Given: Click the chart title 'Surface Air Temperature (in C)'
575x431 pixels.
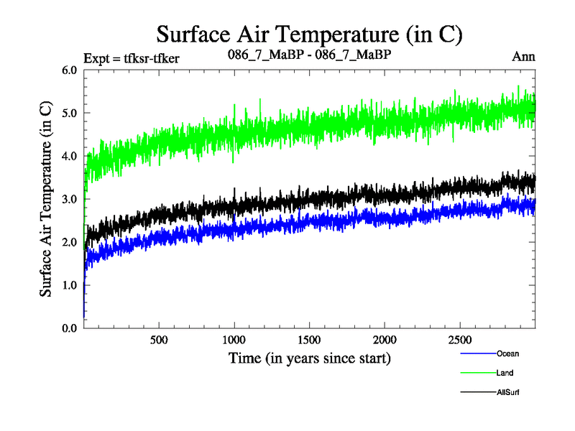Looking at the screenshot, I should tap(309, 34).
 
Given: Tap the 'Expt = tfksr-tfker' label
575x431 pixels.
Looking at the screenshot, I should tap(131, 58).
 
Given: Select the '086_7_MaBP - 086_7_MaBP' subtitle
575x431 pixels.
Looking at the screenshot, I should tap(309, 55).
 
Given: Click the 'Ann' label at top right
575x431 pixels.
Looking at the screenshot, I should tap(524, 57).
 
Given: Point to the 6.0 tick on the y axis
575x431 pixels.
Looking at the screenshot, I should tap(69, 70).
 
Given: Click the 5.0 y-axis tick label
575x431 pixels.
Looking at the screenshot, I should tap(69, 113).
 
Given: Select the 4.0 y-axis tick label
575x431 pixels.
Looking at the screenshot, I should tap(69, 156).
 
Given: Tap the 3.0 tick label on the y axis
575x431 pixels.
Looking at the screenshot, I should tap(69, 199).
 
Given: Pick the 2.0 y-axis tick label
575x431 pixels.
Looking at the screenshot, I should tap(69, 242).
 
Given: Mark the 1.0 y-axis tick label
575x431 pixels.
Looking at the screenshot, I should tap(69, 285).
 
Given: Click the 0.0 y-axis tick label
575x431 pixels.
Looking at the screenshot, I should tap(69, 328).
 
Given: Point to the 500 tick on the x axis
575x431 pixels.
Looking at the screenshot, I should tap(159, 339).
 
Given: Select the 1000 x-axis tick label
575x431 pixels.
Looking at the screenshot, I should tap(234, 339).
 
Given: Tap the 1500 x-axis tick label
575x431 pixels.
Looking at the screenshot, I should tap(310, 339).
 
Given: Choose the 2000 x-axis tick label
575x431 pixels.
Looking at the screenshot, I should tap(385, 339).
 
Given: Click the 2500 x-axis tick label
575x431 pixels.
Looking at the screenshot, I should tap(460, 339).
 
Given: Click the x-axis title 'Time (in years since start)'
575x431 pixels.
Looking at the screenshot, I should tap(310, 357).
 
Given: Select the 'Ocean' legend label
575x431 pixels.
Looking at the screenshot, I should tap(507, 353).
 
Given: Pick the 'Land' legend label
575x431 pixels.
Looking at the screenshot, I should tap(505, 373).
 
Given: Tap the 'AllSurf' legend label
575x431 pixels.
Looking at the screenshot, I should tap(508, 392).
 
